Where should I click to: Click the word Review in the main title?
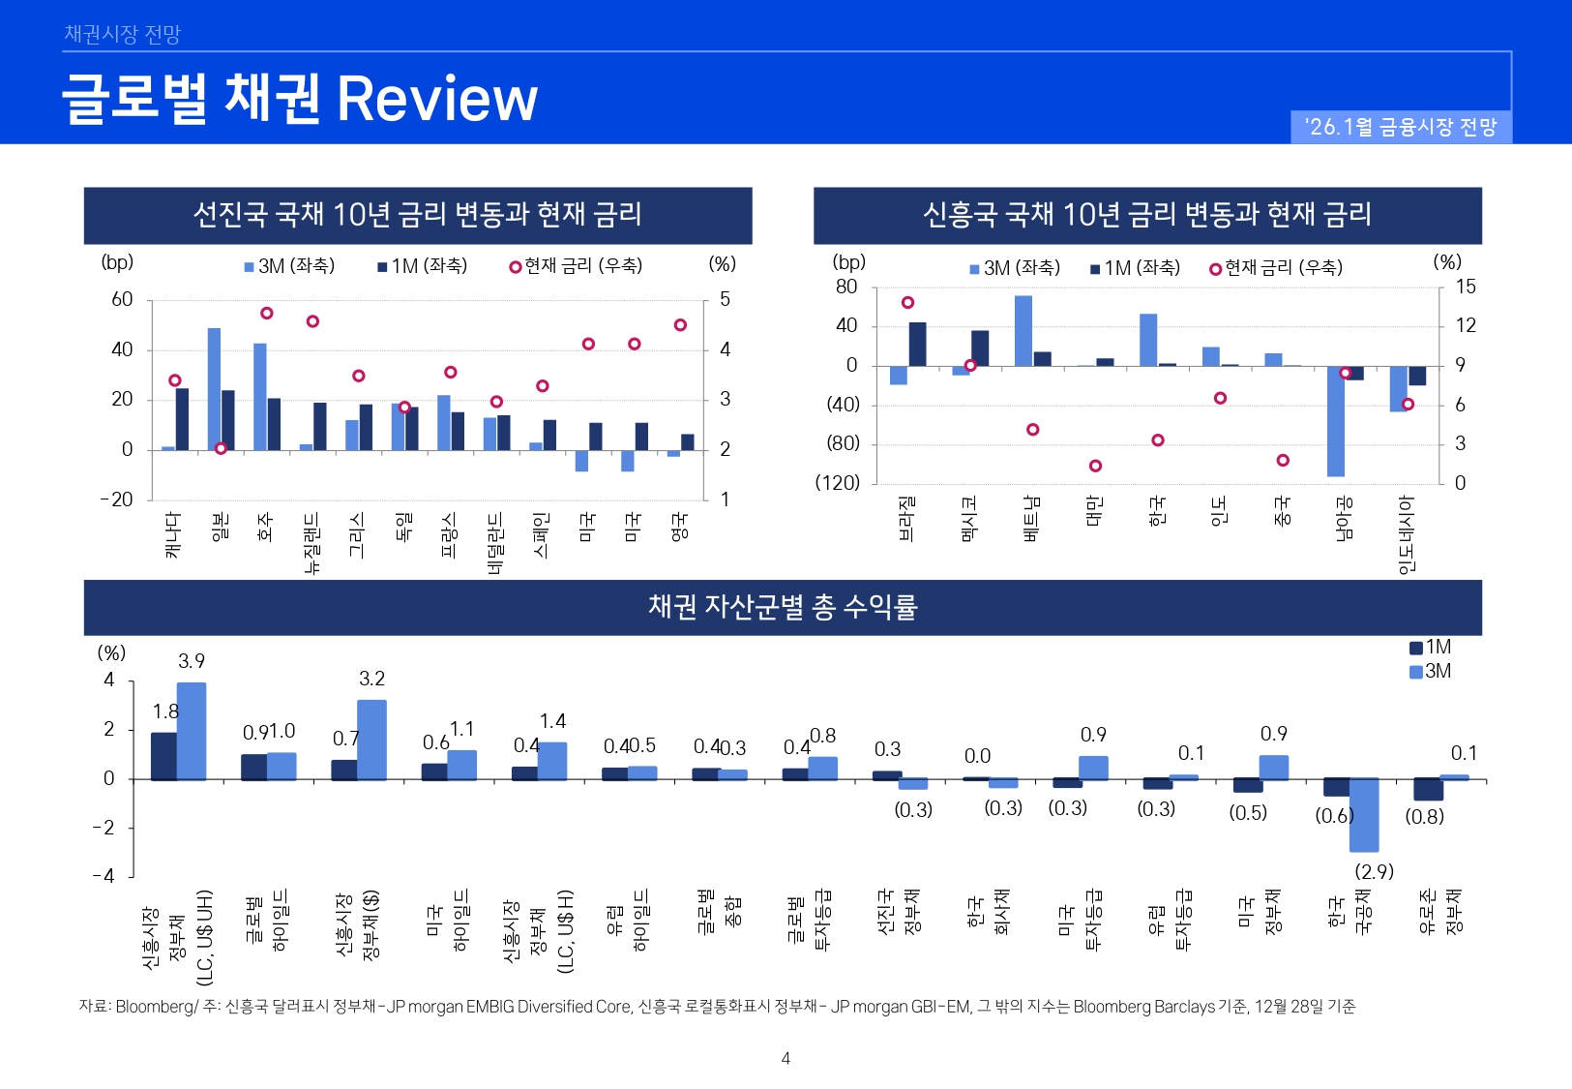(x=436, y=99)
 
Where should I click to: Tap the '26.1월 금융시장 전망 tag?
(x=1400, y=127)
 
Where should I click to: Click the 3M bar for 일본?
(x=214, y=388)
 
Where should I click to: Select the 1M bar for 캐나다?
(x=182, y=419)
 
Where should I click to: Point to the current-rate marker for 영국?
(x=680, y=325)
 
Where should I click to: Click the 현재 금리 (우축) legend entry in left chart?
(x=577, y=266)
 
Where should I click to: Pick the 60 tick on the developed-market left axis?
(x=122, y=300)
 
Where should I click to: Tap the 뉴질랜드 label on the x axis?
(x=311, y=543)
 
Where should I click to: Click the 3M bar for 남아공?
(x=1336, y=421)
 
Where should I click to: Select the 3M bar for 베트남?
(x=1023, y=330)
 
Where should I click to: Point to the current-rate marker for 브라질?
(x=907, y=303)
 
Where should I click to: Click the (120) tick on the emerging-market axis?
(x=837, y=482)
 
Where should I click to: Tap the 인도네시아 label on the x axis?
(x=1407, y=534)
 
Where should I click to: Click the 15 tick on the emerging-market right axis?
(x=1466, y=287)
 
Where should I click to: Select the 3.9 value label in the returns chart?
(x=192, y=661)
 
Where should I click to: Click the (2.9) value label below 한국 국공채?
(x=1374, y=871)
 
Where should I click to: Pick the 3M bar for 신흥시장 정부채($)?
(x=371, y=739)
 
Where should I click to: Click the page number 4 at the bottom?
(x=786, y=1058)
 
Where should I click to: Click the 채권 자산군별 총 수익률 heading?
(x=783, y=607)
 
